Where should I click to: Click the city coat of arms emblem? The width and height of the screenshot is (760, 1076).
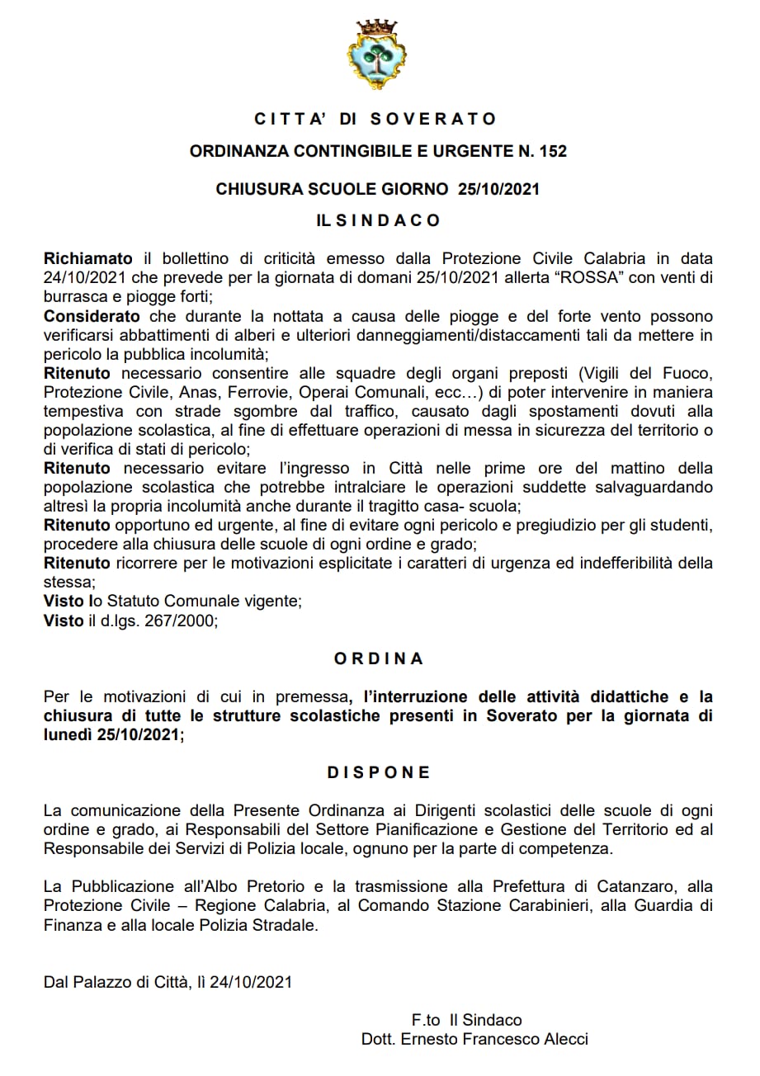coord(375,56)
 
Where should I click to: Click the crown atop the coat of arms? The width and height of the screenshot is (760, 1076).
coord(375,28)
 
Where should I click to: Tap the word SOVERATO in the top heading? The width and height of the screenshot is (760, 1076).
coord(432,119)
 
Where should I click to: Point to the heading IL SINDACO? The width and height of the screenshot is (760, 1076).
coord(379,221)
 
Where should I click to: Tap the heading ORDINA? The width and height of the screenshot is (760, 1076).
coord(379,658)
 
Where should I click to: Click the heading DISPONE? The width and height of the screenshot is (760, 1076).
coord(379,772)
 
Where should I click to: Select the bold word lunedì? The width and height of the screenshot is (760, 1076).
coord(69,734)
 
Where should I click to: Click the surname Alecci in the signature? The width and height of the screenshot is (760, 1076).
coord(564,1040)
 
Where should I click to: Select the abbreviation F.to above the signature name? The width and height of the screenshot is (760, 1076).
coord(427,1020)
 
